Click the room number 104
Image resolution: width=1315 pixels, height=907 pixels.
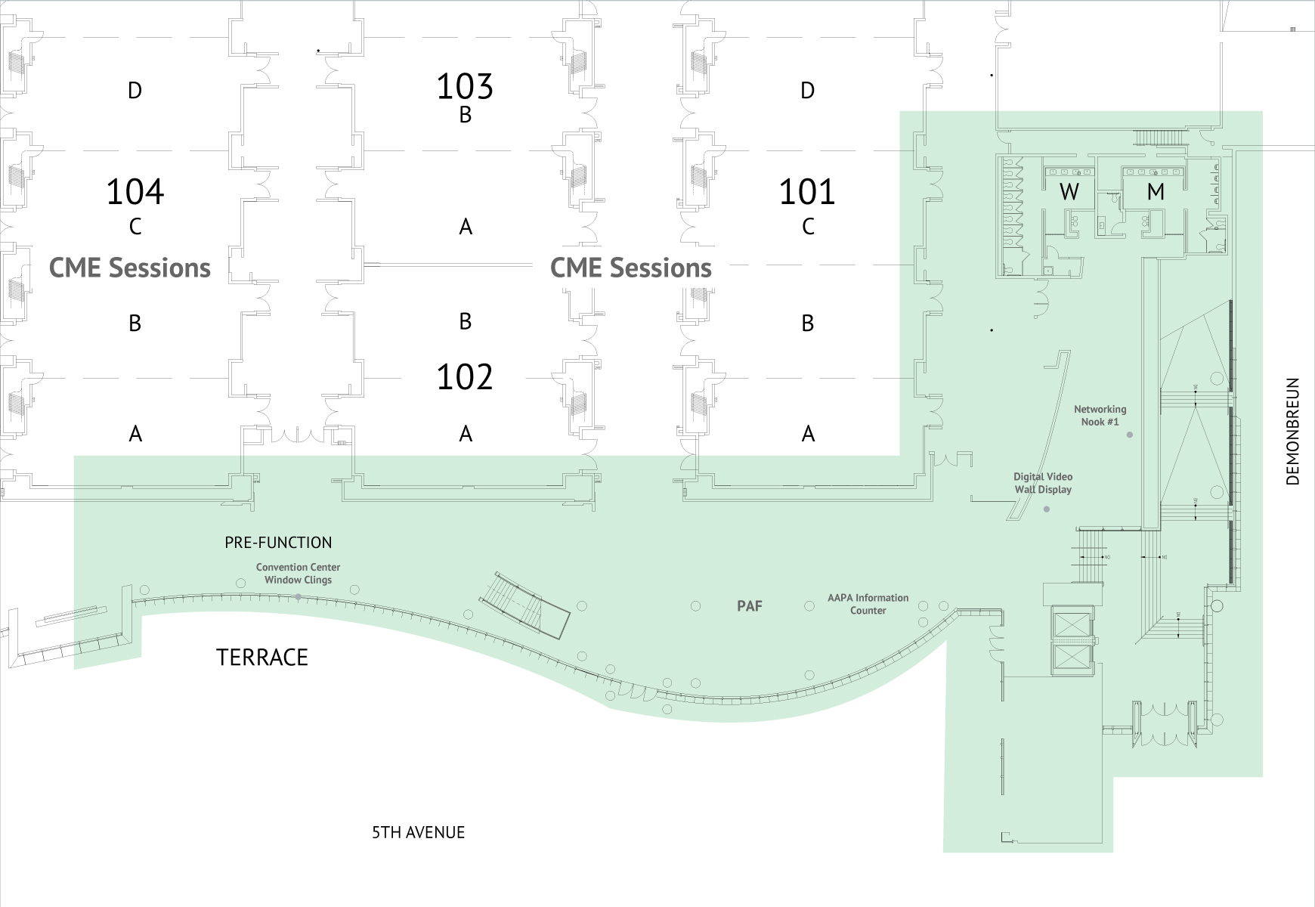tap(135, 192)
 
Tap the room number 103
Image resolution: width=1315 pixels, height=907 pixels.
tap(465, 87)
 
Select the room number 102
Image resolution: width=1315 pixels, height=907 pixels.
tap(465, 377)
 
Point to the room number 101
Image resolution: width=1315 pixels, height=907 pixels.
tap(807, 192)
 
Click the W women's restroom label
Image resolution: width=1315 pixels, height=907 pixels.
tap(1069, 192)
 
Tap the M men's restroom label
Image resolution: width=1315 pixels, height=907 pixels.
tap(1156, 192)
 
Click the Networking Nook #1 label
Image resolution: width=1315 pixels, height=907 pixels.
tap(1100, 416)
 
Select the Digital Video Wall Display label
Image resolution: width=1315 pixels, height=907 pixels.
tap(1043, 483)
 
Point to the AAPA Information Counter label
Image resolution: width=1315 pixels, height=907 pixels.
tap(868, 604)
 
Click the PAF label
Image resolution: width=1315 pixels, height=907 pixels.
tap(750, 605)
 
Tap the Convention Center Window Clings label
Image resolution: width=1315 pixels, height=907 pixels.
tap(298, 574)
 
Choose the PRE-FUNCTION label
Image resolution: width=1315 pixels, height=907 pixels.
tap(278, 543)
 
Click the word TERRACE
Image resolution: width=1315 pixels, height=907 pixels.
tap(262, 658)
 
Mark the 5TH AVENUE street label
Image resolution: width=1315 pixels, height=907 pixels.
tap(418, 833)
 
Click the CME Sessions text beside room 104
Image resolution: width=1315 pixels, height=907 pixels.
tap(130, 268)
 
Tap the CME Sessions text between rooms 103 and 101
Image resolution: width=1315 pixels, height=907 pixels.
tap(631, 268)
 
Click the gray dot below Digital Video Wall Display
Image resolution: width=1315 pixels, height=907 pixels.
tap(1047, 509)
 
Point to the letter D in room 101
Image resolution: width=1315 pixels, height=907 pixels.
tap(807, 91)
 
